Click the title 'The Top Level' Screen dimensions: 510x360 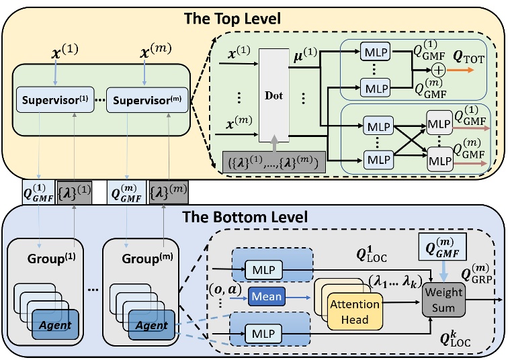click(x=232, y=19)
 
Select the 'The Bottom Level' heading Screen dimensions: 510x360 click(x=245, y=217)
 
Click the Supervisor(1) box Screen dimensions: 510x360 click(x=55, y=100)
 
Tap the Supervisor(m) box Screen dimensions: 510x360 click(x=147, y=100)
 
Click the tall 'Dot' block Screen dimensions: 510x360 click(x=274, y=95)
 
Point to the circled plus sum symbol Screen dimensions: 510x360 click(x=439, y=70)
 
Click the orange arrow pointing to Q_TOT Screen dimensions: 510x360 click(x=460, y=70)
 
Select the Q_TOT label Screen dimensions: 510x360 click(x=469, y=58)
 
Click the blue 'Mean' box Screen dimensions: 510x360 click(x=267, y=296)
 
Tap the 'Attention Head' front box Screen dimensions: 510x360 click(x=355, y=312)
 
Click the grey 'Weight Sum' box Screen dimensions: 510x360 click(x=443, y=300)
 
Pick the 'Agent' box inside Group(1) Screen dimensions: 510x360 click(x=55, y=324)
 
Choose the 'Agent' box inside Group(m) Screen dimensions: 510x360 click(x=152, y=325)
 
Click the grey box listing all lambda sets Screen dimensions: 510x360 click(x=274, y=162)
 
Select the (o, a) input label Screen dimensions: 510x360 click(x=224, y=289)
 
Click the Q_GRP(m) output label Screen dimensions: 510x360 click(x=476, y=273)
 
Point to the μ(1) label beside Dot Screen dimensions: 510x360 click(x=305, y=55)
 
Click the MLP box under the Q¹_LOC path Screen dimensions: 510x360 click(x=264, y=269)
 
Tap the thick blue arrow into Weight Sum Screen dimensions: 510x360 click(x=443, y=271)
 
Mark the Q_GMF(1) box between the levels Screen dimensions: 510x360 click(x=38, y=193)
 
